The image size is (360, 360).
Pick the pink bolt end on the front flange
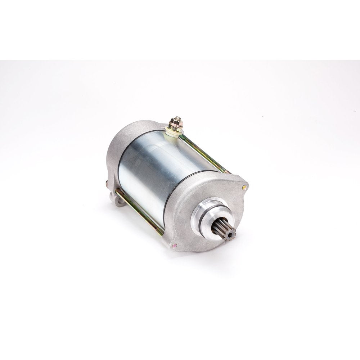(174, 246)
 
